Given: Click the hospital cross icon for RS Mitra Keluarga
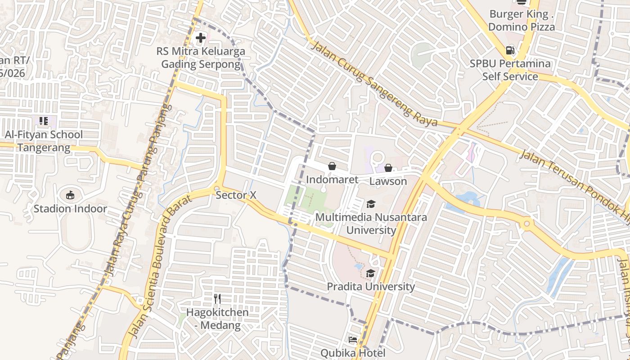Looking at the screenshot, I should (201, 38).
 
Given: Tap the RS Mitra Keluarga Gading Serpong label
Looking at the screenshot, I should (201, 58).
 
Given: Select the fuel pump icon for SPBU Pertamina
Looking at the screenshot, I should (510, 50).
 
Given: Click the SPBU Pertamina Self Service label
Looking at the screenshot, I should (510, 70).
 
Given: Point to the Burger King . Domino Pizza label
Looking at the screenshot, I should (522, 20).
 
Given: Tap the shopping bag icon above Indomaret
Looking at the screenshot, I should (332, 166).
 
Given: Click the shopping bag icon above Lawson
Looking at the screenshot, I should (388, 168).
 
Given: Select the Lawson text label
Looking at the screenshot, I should (388, 181).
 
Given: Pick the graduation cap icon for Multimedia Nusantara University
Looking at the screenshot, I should (371, 204).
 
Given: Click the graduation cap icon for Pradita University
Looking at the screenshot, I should (370, 273).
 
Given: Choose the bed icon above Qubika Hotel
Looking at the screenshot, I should (353, 339).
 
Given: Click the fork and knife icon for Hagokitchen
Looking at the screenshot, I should (217, 298).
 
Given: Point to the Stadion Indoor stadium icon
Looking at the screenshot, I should (70, 195).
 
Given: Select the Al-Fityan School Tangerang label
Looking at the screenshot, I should (44, 141).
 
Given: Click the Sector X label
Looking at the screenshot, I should (236, 195).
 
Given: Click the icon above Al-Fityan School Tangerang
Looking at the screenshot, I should (44, 121).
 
